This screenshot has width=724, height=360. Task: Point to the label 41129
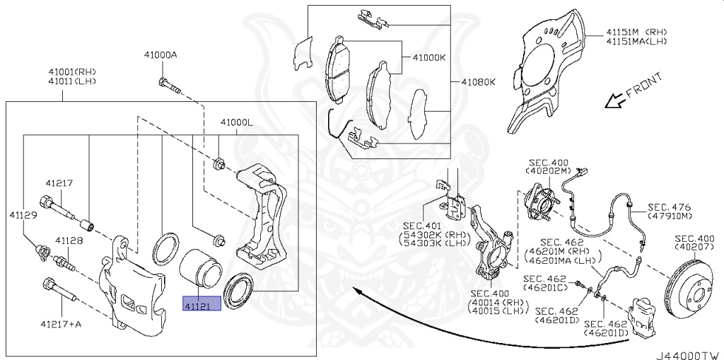click(23, 214)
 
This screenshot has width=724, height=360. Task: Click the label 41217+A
click(62, 324)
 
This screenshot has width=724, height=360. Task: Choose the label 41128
click(69, 240)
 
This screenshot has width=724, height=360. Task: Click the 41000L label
click(235, 122)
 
